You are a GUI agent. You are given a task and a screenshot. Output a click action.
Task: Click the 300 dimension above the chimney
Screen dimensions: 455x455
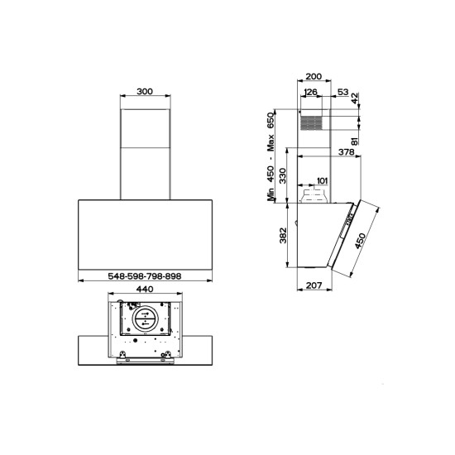[145, 91]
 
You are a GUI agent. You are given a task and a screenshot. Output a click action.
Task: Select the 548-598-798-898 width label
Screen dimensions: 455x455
[145, 276]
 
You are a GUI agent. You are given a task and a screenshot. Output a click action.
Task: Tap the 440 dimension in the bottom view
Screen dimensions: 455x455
[145, 289]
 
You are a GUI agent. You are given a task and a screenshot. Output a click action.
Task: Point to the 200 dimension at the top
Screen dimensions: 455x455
[314, 76]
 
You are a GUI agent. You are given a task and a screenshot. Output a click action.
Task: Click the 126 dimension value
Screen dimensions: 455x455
[311, 92]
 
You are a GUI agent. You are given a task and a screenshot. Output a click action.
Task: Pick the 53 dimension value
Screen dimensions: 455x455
[343, 92]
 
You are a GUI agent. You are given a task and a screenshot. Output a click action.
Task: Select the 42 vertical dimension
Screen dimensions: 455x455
[355, 98]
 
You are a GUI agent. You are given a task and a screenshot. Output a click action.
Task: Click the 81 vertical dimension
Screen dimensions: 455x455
[355, 141]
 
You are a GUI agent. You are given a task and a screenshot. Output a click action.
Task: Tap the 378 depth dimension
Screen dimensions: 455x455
[346, 151]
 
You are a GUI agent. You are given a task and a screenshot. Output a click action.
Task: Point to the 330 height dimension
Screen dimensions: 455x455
[282, 175]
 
